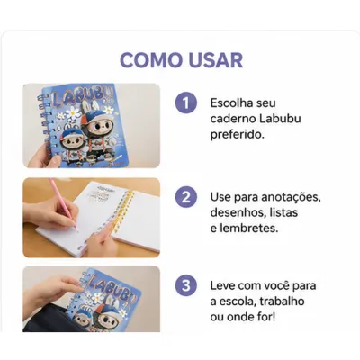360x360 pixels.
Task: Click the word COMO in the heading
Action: pos(151,60)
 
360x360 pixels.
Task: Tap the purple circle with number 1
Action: pos(186,103)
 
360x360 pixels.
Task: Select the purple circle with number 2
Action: pos(186,197)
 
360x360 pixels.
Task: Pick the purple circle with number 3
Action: pos(186,285)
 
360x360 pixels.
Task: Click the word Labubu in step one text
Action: pos(280,119)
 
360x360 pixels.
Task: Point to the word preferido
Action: pos(238,135)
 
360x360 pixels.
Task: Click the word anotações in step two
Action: pos(291,197)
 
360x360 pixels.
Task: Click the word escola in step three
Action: pos(236,301)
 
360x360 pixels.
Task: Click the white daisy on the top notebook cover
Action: pos(73,112)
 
